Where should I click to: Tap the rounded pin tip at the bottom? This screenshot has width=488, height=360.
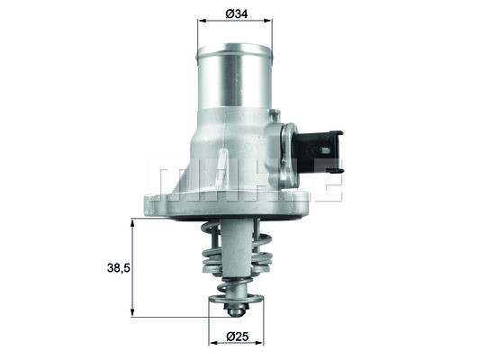234,311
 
